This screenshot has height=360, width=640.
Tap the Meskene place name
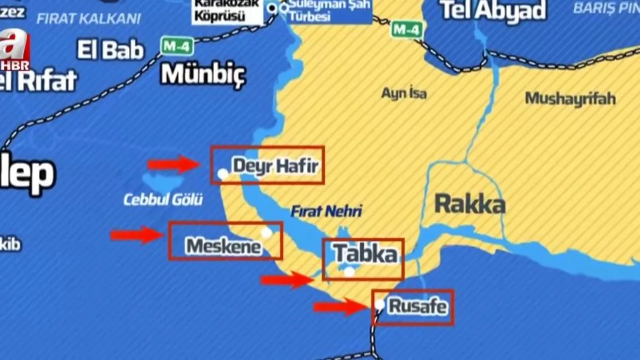coord(224,246)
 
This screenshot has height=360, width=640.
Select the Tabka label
coord(366,254)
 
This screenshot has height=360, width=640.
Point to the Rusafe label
coord(418,307)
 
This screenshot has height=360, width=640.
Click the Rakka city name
coord(470,204)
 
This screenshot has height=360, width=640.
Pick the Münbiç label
coord(203,74)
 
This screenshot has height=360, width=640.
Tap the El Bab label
coord(111,50)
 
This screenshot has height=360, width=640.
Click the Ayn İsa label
coord(404,93)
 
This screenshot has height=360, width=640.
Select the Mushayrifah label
coord(570,98)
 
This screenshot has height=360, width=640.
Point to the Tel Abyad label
coord(494,11)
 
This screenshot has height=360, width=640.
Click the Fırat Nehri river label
coord(326,211)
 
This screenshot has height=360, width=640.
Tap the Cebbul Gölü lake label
coord(163,200)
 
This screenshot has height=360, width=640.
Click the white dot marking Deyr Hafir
coord(223,174)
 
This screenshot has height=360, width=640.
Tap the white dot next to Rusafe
coord(379,304)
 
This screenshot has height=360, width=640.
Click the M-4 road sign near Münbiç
coord(177,46)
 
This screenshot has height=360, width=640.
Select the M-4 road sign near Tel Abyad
coord(407,29)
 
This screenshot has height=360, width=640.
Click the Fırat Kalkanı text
coord(89,19)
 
